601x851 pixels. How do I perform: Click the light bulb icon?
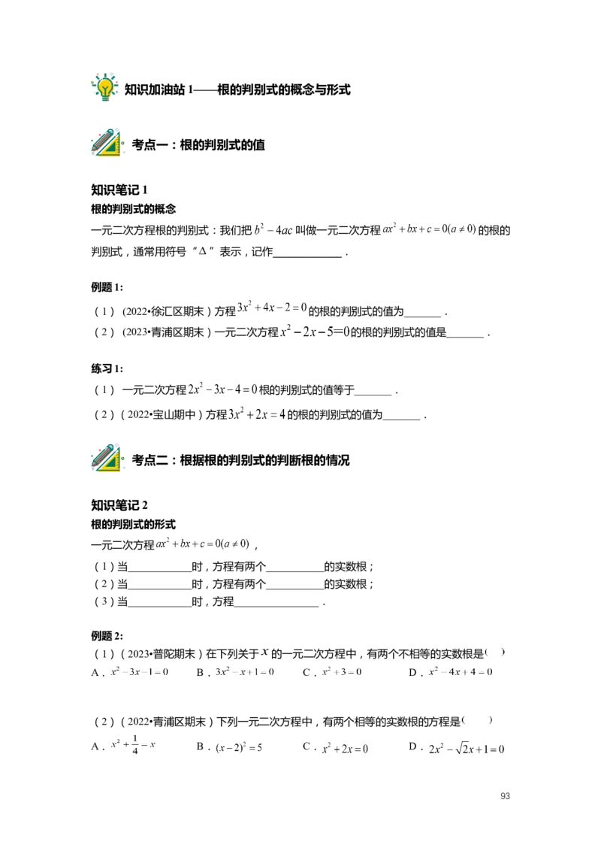[x=105, y=86]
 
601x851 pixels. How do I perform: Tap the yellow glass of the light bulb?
[x=105, y=84]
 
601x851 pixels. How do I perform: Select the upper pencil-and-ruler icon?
[x=107, y=144]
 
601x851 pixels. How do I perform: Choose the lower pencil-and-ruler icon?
[x=107, y=458]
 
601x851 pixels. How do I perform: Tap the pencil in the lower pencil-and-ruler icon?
[x=101, y=456]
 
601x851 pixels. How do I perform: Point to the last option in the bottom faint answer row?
[x=465, y=746]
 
